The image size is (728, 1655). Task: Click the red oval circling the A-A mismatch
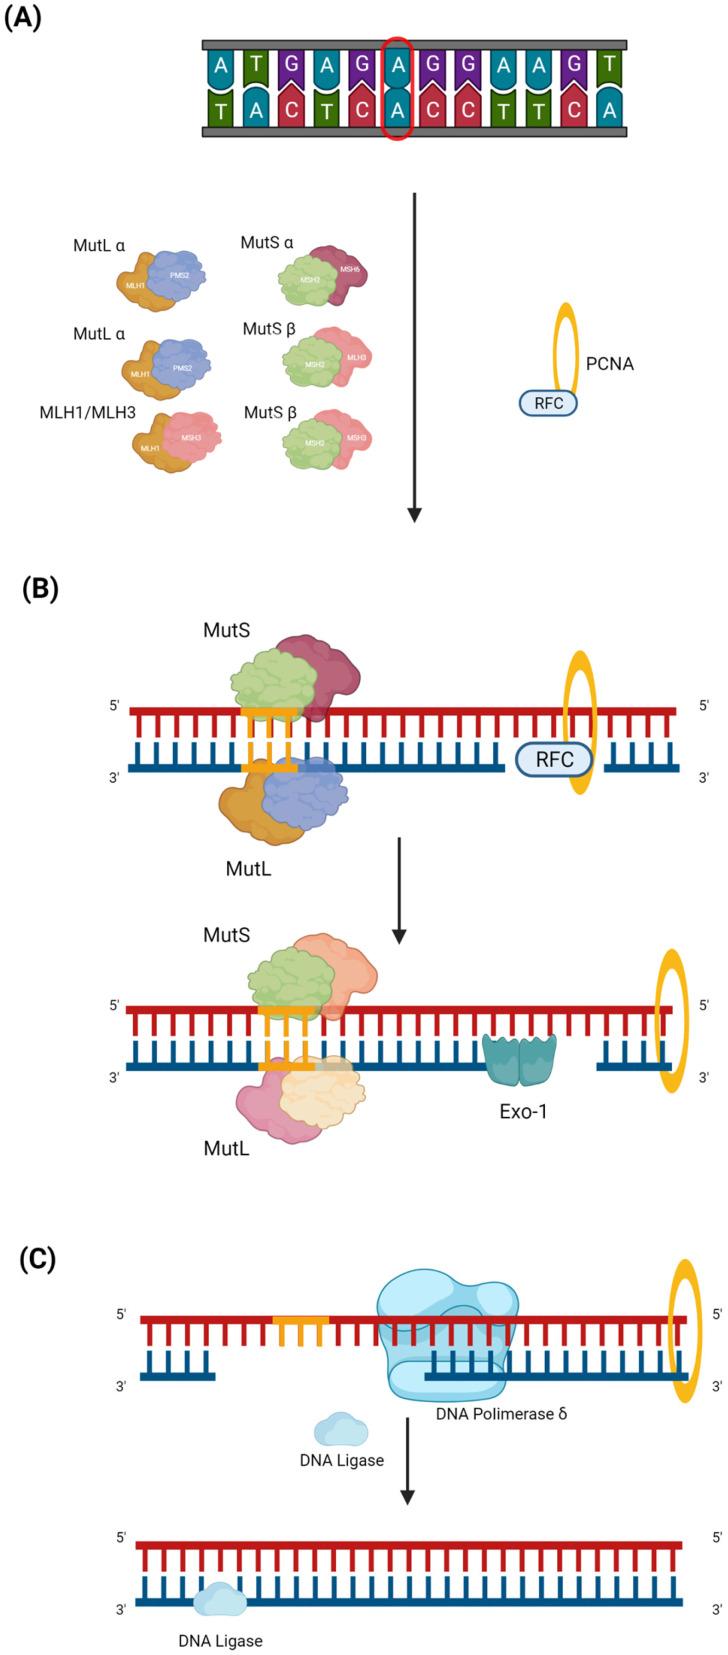tap(397, 88)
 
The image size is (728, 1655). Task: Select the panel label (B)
tap(40, 589)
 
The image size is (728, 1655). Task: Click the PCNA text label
tap(610, 364)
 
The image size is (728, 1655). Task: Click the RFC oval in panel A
tap(548, 402)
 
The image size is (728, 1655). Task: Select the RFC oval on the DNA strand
tap(554, 759)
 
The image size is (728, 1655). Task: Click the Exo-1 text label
tap(523, 1111)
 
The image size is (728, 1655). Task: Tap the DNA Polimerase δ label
tap(501, 1414)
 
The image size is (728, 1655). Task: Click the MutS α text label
tap(267, 243)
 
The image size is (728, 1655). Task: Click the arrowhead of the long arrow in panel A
tap(414, 514)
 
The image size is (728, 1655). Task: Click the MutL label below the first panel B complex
tap(248, 869)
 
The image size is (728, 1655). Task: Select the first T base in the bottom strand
tap(221, 110)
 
